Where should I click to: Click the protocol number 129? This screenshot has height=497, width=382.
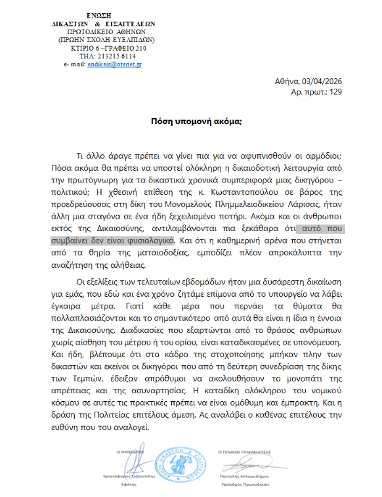(335, 92)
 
